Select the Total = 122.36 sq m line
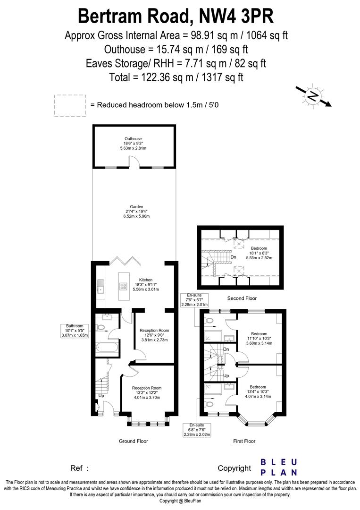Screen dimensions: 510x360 (x=176, y=76)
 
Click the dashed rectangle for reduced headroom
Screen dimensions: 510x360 (x=70, y=105)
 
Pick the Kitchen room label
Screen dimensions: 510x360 (x=145, y=285)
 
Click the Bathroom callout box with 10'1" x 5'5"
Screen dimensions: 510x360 (x=75, y=331)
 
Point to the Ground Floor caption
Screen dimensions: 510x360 (x=134, y=441)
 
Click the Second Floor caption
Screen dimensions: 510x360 (x=242, y=298)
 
